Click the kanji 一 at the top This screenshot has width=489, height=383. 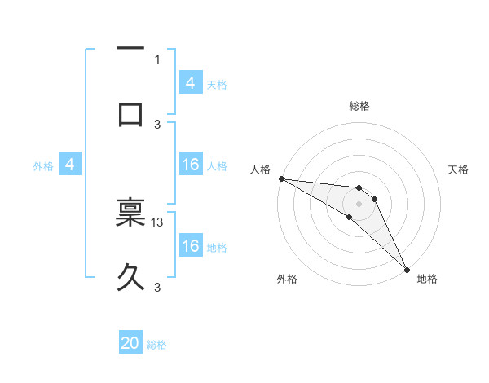point(130,49)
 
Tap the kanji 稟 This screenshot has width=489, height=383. point(130,211)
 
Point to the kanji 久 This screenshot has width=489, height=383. point(130,277)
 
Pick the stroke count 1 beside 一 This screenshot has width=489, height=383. point(157,59)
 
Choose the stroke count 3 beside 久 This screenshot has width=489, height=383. point(157,287)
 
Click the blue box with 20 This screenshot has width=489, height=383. point(130,344)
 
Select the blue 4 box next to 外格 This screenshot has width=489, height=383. point(70,165)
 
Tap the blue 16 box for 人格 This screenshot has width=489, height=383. point(191,165)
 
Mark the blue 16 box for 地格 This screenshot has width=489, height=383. point(191,246)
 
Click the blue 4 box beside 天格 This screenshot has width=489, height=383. point(191,83)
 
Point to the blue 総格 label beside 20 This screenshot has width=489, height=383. point(156,345)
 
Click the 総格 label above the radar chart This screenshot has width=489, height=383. point(359,106)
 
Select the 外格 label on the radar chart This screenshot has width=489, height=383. point(287,280)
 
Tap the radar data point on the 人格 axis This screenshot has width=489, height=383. point(281,178)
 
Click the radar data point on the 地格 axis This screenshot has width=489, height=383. point(407,268)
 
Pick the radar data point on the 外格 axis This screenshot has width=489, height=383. point(350,217)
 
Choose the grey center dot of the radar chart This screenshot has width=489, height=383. point(359,203)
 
